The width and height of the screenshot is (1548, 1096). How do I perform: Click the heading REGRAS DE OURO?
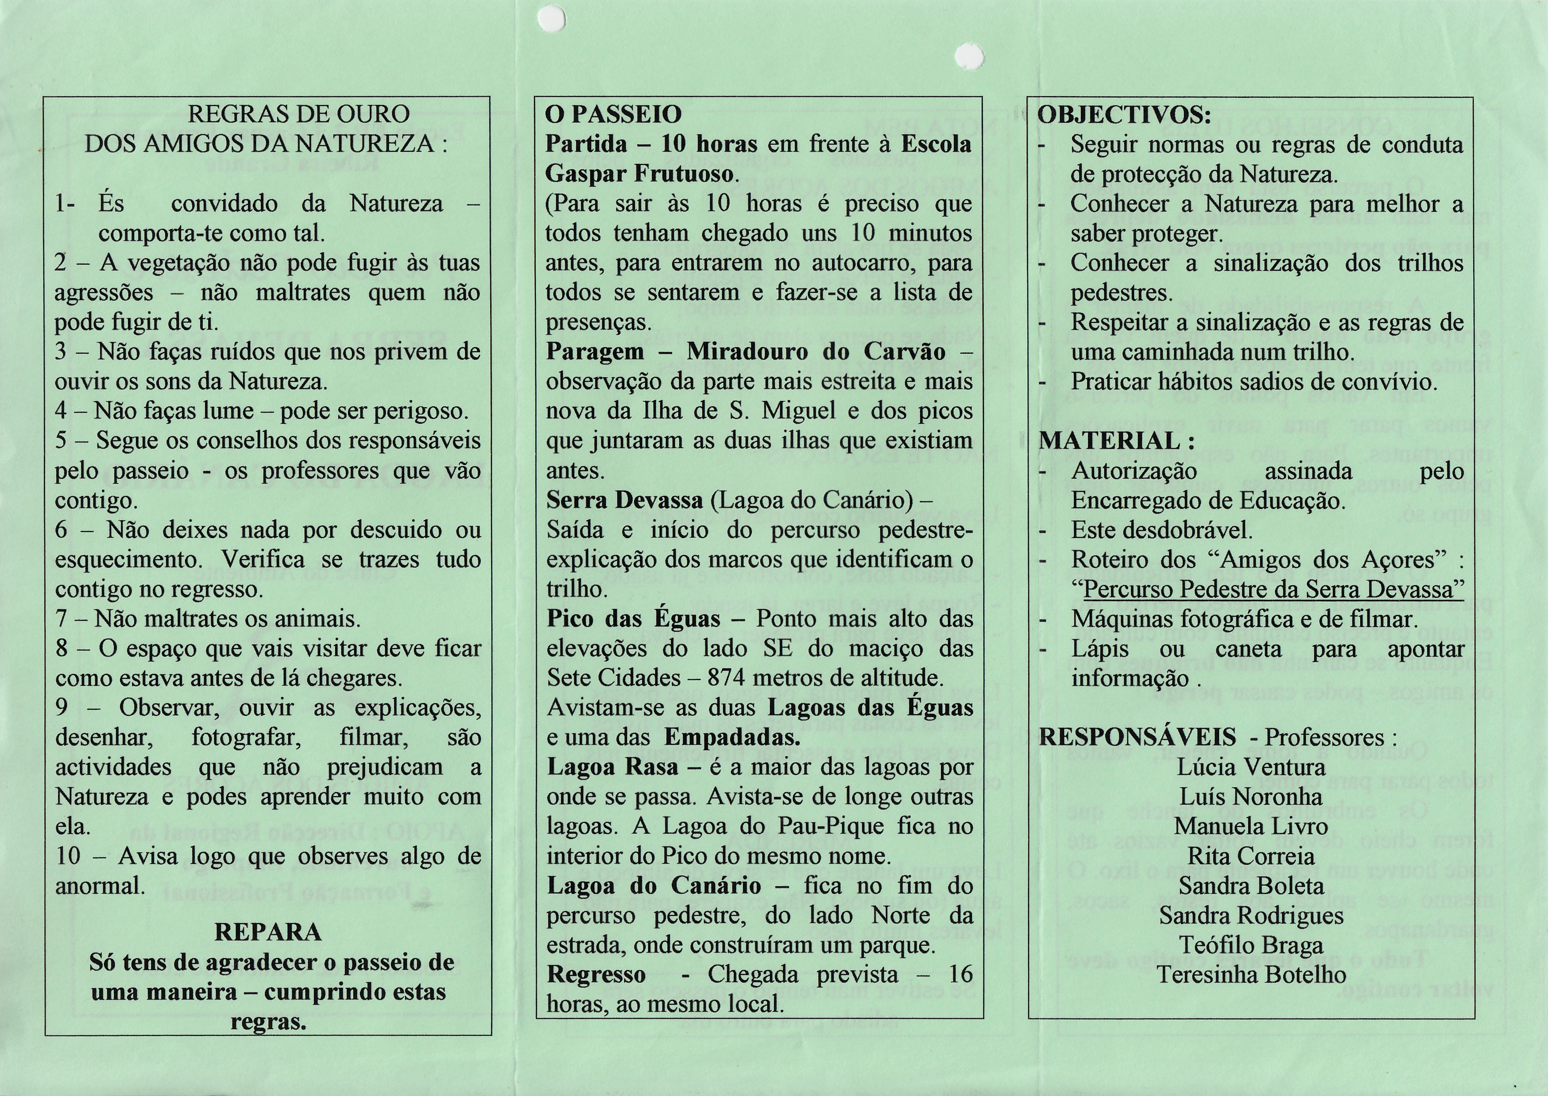(298, 114)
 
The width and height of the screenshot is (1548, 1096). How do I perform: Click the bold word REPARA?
(268, 932)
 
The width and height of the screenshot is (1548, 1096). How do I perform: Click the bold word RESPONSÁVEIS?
(1138, 737)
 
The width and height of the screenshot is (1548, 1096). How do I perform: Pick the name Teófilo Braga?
(1251, 945)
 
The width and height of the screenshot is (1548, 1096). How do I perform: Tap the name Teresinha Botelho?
(1251, 975)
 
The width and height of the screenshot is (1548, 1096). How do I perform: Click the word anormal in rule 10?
(100, 886)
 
